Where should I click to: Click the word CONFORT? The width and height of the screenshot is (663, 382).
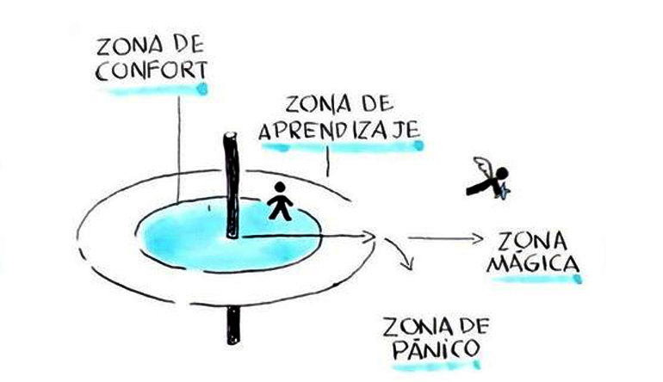tap(150, 71)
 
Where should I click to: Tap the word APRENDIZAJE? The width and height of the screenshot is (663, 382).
tap(338, 131)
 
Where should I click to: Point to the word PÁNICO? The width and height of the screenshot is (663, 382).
tap(429, 350)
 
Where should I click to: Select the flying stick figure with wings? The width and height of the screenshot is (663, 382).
tap(489, 179)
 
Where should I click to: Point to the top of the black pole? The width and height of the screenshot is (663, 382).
tap(231, 138)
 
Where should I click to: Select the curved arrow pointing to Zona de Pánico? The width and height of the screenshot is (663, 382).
tap(398, 255)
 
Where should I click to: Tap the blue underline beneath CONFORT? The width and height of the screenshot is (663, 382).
tap(152, 89)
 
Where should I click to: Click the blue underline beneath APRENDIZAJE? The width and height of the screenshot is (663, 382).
tap(343, 147)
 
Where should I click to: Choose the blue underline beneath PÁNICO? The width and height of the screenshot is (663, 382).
tap(431, 367)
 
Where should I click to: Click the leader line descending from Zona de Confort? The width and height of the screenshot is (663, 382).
tap(177, 146)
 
